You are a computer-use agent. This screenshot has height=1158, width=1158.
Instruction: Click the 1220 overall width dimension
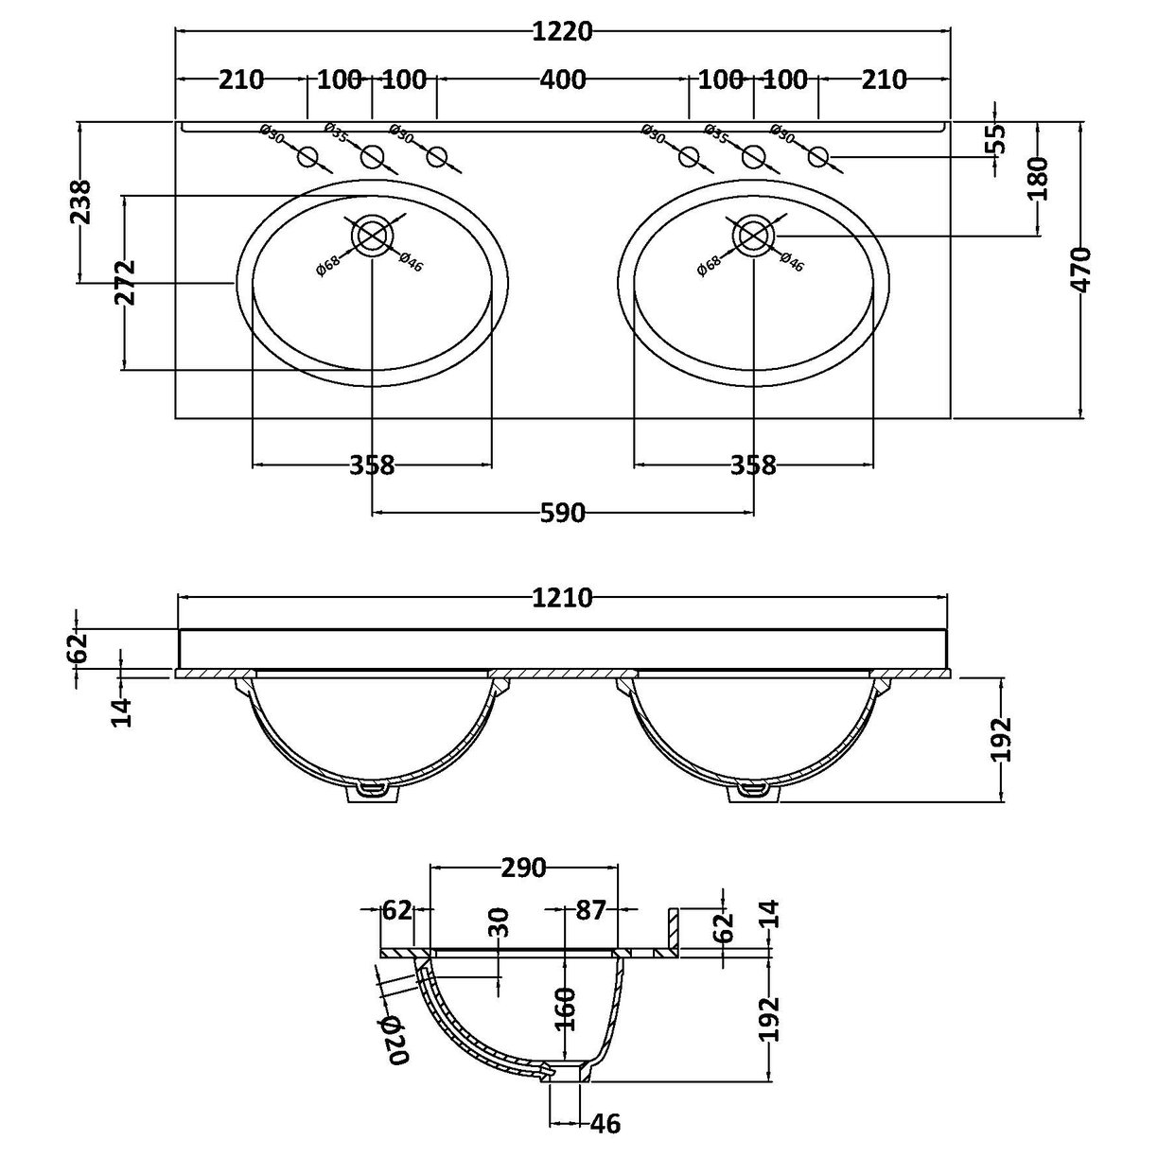[564, 31]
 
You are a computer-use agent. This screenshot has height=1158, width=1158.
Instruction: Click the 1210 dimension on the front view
[562, 598]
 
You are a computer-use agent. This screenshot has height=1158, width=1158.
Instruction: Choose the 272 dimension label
[125, 282]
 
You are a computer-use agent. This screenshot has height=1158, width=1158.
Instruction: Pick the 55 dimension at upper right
[995, 139]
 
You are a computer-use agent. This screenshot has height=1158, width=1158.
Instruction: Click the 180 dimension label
[1038, 179]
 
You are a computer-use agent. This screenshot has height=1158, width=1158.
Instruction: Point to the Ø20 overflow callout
[395, 1039]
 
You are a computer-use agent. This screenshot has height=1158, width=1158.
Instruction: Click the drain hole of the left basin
[373, 235]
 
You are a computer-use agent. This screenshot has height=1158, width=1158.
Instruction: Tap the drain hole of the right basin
[754, 235]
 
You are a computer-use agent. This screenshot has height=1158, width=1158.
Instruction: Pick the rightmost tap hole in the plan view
[819, 157]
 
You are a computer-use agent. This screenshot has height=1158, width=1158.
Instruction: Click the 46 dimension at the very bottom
[605, 1124]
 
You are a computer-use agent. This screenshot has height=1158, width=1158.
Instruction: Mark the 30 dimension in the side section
[500, 922]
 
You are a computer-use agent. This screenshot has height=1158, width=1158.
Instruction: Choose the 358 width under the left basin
[372, 465]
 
